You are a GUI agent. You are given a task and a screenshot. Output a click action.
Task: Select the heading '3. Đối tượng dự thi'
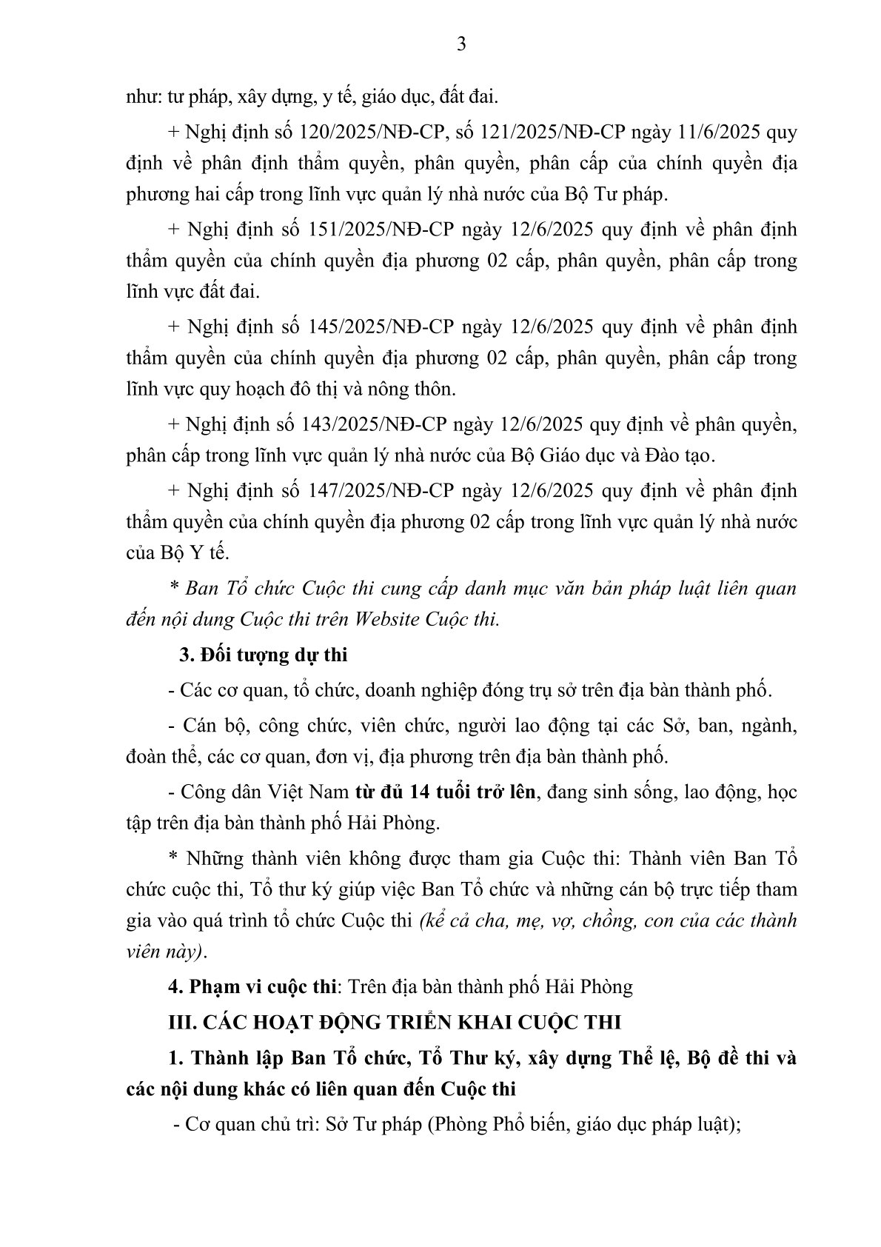(264, 655)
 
